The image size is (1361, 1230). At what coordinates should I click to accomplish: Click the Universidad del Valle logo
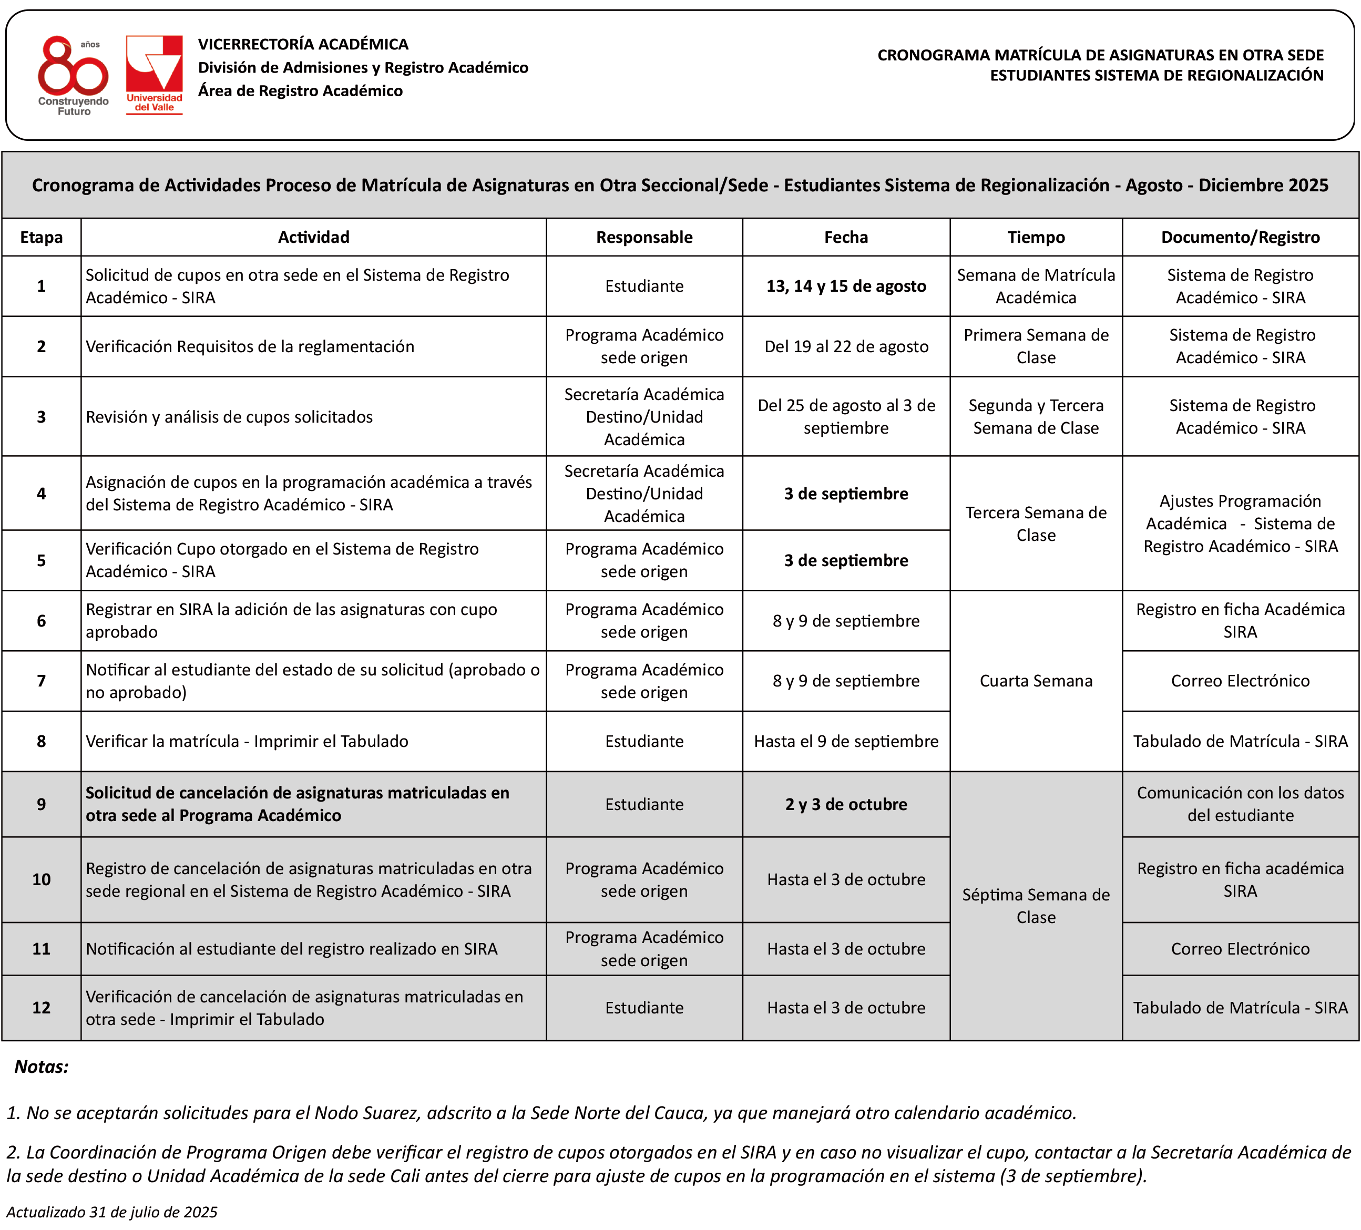click(x=154, y=74)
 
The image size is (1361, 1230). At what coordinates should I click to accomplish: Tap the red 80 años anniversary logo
click(x=73, y=74)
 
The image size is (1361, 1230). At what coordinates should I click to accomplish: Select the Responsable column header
click(x=644, y=237)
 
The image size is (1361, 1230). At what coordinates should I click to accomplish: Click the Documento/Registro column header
click(x=1240, y=237)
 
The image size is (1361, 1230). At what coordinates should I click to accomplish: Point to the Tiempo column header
click(x=1036, y=237)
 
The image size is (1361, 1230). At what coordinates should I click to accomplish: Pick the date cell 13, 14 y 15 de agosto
click(x=846, y=286)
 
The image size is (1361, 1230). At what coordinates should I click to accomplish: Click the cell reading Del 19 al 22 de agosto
click(x=846, y=346)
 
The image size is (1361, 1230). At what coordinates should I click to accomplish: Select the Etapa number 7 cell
click(x=41, y=681)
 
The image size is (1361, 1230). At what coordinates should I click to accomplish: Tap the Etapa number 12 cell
click(x=41, y=1007)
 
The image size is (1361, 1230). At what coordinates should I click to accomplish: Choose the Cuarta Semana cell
click(x=1036, y=681)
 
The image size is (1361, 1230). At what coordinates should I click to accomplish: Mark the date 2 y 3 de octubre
click(x=846, y=804)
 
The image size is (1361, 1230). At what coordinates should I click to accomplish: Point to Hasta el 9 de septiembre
click(x=846, y=741)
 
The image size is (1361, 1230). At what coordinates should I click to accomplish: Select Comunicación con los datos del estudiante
click(x=1240, y=804)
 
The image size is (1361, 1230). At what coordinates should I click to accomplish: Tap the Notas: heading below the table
click(x=42, y=1067)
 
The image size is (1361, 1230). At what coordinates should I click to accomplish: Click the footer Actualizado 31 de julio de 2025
click(x=112, y=1212)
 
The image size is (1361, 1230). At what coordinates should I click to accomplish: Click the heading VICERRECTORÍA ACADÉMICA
click(x=303, y=45)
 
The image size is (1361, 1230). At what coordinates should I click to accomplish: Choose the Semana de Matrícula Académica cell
click(x=1036, y=286)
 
